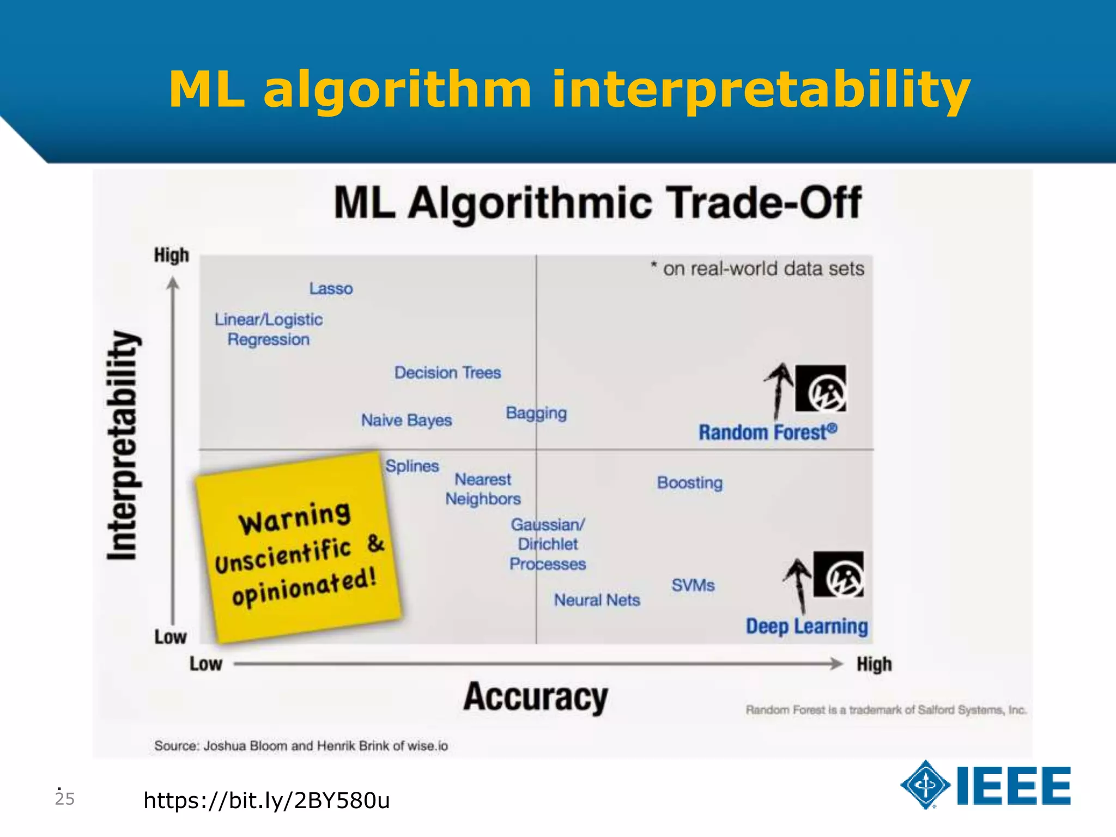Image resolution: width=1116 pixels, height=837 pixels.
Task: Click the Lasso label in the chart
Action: point(331,288)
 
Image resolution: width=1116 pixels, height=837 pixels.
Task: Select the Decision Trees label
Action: point(447,373)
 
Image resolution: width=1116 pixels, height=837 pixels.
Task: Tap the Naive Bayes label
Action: point(407,420)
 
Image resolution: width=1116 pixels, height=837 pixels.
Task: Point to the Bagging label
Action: point(536,413)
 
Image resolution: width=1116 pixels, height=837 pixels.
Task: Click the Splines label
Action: point(412,466)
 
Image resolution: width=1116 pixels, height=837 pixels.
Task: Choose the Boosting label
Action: point(690,482)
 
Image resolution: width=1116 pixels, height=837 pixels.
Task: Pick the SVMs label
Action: point(693,585)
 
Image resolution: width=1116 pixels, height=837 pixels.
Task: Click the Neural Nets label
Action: point(597,600)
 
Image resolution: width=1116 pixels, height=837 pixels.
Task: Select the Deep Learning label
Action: point(806,626)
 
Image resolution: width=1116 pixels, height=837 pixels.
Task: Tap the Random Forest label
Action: point(767,432)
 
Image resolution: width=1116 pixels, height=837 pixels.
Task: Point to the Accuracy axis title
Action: point(536,697)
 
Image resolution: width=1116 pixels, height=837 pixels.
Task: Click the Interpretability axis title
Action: point(123,445)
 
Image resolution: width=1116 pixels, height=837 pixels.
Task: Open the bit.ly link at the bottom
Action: point(266,800)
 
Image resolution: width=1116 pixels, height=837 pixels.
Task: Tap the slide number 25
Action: point(64,798)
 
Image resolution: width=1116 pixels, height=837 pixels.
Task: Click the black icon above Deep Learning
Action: point(838,574)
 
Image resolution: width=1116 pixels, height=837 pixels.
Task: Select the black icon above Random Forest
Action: point(821,389)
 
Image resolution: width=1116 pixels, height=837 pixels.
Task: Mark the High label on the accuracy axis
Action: point(874,664)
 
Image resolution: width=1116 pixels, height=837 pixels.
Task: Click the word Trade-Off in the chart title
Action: point(765,203)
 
